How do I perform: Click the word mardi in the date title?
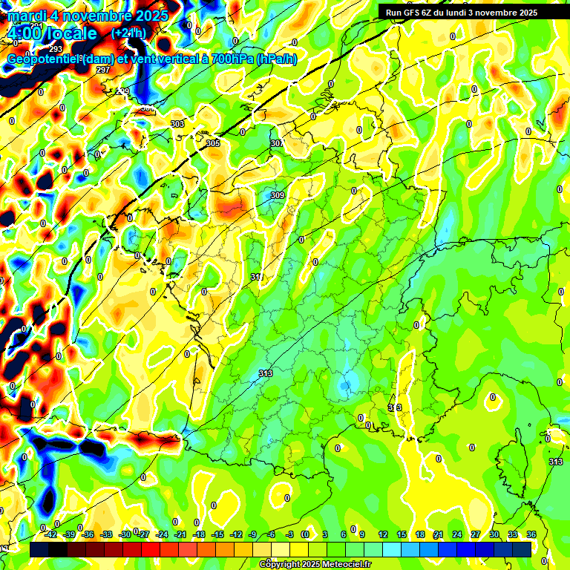[x=25, y=16]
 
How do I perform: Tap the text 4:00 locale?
[x=51, y=33]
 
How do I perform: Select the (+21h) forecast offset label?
[x=128, y=33]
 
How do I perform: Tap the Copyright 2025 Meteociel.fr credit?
[x=315, y=564]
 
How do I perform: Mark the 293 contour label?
[x=56, y=49]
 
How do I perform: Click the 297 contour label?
[x=103, y=70]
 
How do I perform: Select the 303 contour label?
[x=177, y=124]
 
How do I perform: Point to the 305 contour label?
[x=213, y=143]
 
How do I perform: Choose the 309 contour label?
[x=278, y=195]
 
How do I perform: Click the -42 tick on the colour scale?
[x=51, y=534]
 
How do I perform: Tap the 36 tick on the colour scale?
[x=531, y=534]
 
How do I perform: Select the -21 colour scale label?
[x=180, y=534]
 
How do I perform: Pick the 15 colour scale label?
[x=402, y=534]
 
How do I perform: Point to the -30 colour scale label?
[x=125, y=534]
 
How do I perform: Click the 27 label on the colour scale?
[x=475, y=534]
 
